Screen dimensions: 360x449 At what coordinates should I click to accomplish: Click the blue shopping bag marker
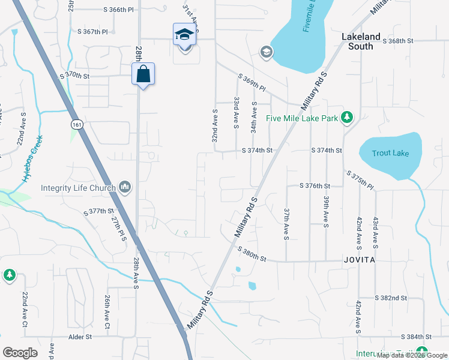click(x=143, y=75)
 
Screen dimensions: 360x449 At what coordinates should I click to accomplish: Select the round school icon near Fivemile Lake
click(x=266, y=53)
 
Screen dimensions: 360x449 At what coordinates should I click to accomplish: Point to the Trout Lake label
click(x=390, y=153)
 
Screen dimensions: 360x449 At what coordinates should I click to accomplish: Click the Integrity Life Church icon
click(x=125, y=187)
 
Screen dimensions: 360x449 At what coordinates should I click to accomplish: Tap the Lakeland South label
click(x=361, y=41)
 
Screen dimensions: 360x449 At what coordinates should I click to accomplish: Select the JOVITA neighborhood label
click(x=360, y=260)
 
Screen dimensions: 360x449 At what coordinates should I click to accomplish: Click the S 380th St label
click(x=252, y=254)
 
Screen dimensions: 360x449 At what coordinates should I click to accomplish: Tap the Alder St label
click(x=79, y=337)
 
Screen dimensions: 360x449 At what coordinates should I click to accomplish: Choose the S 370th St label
click(x=74, y=76)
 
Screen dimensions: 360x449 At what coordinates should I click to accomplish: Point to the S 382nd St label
click(x=391, y=298)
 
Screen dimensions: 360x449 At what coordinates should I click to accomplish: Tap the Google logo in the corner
click(x=20, y=353)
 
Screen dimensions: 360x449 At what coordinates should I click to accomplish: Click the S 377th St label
click(x=99, y=211)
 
